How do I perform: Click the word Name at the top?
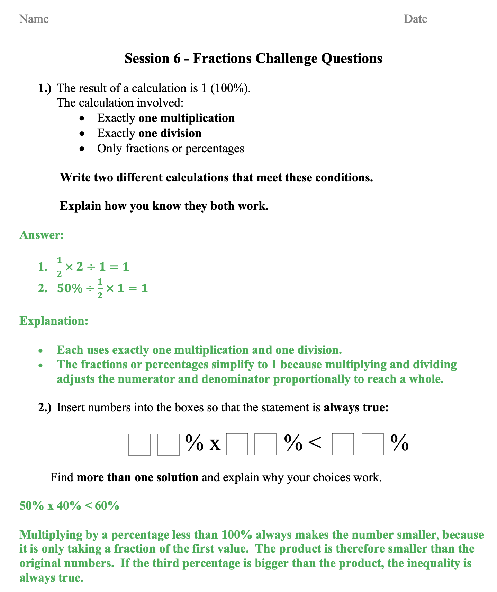click(x=34, y=19)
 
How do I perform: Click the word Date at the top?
click(x=415, y=19)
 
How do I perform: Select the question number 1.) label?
click(x=45, y=88)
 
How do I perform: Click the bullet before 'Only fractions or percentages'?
click(x=82, y=149)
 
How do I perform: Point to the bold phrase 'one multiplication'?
click(x=186, y=118)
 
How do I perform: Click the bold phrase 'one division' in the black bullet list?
click(x=170, y=133)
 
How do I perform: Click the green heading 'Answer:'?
click(x=42, y=235)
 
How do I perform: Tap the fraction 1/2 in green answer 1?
click(x=59, y=267)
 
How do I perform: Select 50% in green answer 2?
click(x=70, y=288)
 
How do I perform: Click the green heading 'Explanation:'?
click(x=54, y=321)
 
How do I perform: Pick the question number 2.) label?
click(x=45, y=407)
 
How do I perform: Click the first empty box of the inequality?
click(x=139, y=445)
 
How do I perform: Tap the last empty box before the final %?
click(x=372, y=444)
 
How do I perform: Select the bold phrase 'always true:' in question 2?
click(x=356, y=407)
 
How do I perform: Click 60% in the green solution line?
click(x=107, y=506)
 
